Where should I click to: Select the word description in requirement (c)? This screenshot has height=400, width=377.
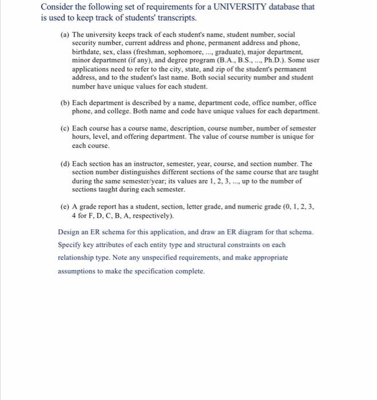(x=181, y=129)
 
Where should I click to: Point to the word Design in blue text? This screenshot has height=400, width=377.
(x=70, y=233)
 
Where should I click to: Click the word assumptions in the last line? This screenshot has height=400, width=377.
(x=78, y=270)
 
